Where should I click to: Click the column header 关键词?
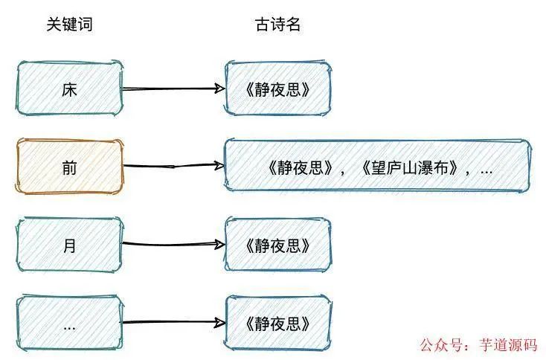(69, 25)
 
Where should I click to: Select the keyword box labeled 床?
(69, 89)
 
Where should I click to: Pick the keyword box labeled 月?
(69, 245)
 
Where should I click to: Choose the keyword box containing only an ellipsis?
(69, 324)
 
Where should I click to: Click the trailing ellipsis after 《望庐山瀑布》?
(486, 170)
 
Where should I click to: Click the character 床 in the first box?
(69, 89)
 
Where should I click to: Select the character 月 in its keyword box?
(69, 245)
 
